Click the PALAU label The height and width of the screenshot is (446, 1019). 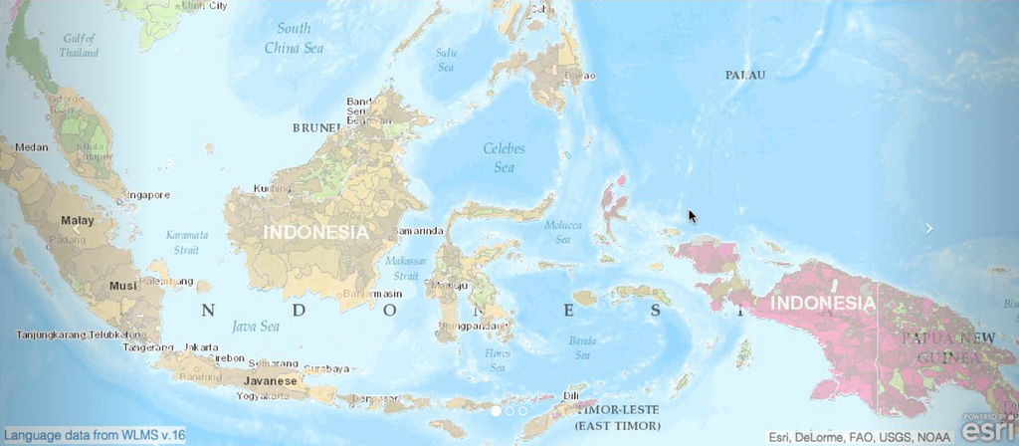point(745,75)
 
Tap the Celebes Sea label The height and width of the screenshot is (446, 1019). point(504,157)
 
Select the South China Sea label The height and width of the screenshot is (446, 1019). point(294,38)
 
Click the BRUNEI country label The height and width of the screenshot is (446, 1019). point(317,127)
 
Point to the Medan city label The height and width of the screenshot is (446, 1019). point(31,147)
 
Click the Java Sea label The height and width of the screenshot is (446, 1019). point(256,326)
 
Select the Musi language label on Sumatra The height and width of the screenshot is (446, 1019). point(122,286)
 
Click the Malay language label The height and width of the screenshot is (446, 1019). point(77,220)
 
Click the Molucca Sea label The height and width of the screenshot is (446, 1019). point(563,232)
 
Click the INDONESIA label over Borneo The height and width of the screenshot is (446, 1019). point(315,231)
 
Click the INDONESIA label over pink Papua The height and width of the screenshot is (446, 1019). point(824,303)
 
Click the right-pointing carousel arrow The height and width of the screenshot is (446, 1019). point(929,229)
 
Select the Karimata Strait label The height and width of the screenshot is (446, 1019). point(187,243)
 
